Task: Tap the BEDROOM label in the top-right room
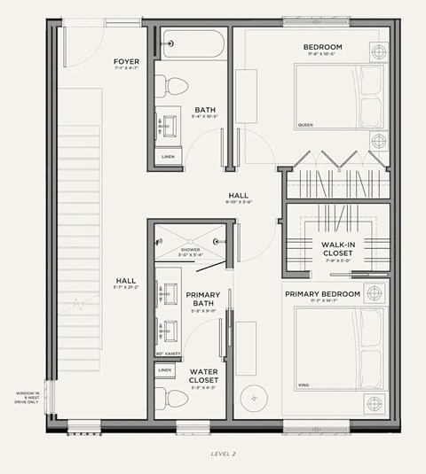tap(322, 46)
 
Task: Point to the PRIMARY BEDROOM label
tap(322, 293)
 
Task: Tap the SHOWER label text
tap(191, 250)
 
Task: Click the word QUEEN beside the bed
tap(305, 125)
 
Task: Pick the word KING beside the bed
tap(303, 385)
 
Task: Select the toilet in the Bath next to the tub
tap(176, 87)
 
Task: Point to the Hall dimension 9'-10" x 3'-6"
tap(240, 203)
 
